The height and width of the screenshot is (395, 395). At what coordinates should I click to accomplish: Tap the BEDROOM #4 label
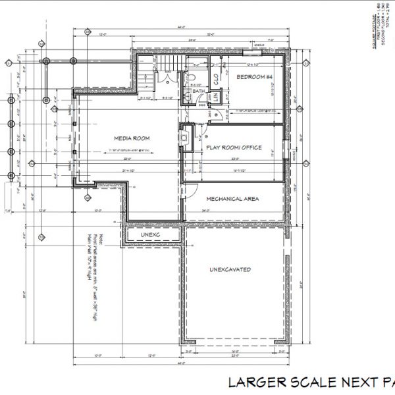255,78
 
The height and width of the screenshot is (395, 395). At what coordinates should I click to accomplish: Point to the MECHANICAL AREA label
232,198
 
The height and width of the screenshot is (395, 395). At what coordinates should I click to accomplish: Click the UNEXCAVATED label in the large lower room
230,269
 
